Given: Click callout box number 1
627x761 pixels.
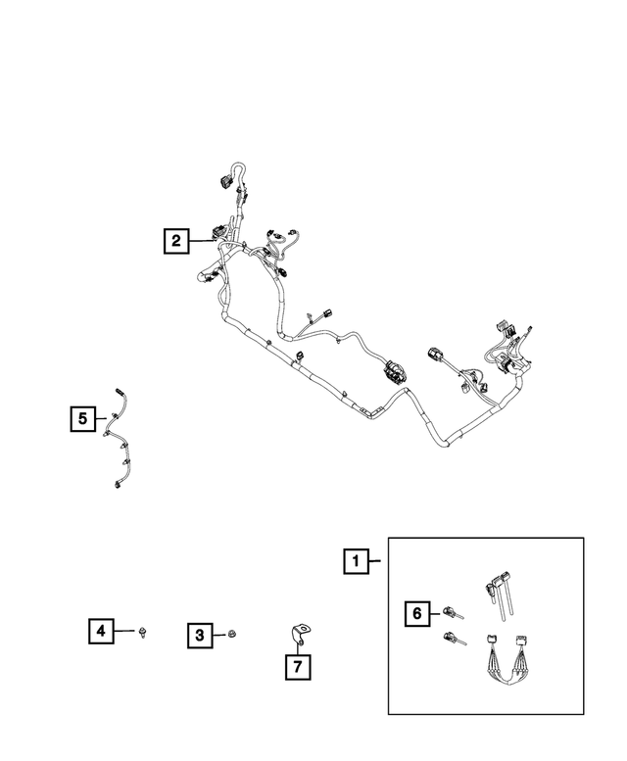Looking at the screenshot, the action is [356, 561].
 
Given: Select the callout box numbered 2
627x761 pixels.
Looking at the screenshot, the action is [176, 240].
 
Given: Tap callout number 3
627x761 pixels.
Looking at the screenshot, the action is [200, 635].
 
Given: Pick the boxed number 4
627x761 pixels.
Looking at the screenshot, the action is [101, 631].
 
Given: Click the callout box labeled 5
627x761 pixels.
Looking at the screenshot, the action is [82, 418].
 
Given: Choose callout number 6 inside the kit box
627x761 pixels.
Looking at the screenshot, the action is [417, 613].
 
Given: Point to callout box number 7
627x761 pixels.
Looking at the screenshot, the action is [298, 666].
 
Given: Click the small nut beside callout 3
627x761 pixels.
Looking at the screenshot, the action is [232, 633].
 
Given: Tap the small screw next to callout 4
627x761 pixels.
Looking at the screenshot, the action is [143, 632].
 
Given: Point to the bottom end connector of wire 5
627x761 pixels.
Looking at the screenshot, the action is [117, 484].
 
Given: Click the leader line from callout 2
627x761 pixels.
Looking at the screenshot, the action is [201, 241].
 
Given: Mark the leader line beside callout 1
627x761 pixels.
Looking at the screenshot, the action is [374, 561].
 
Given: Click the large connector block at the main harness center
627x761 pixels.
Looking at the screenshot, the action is [394, 371].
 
